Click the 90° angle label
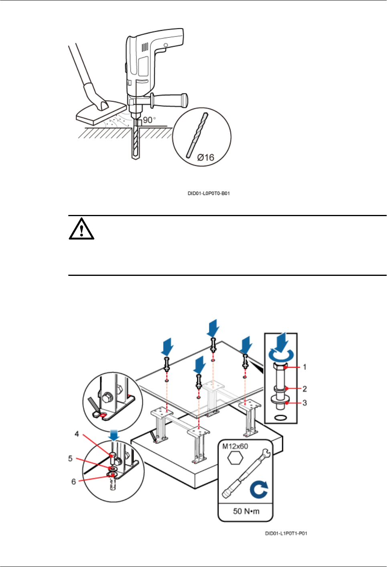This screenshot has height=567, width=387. [149, 120]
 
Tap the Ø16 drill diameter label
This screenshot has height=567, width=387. [206, 158]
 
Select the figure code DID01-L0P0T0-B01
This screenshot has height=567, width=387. [209, 193]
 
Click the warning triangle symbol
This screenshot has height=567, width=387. [81, 229]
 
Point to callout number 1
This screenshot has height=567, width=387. [305, 367]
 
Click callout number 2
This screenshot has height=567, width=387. [305, 389]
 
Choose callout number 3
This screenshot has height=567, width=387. [305, 403]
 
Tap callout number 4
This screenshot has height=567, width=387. [77, 434]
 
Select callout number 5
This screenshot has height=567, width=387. [70, 458]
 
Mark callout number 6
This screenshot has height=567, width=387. [73, 482]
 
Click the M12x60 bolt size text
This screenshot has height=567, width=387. [235, 446]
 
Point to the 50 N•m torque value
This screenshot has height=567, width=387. [246, 511]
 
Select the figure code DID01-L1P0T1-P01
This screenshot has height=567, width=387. [286, 533]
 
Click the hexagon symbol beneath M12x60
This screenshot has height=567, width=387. [235, 458]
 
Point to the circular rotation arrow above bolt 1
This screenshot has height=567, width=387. [281, 354]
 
